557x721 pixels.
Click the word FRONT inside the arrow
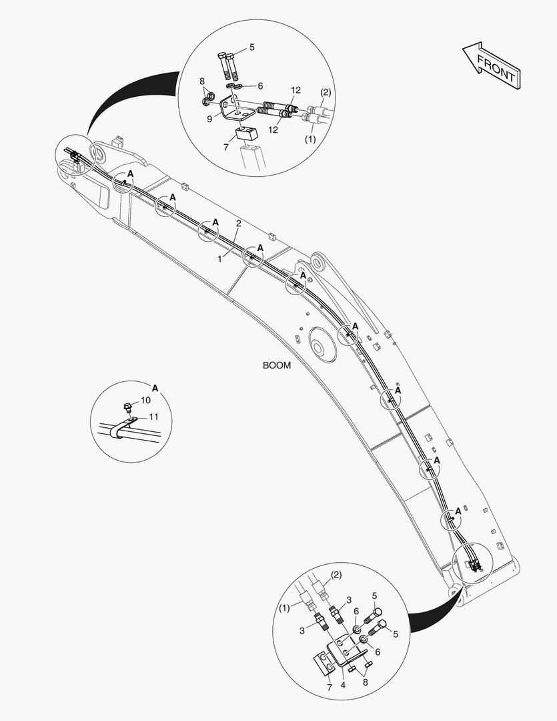pos(496,69)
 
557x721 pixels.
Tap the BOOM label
pos(277,365)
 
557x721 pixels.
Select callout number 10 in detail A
pos(145,400)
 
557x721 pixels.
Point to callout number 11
pos(153,417)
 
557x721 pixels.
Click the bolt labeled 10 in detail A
pos(128,408)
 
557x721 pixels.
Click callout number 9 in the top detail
pos(209,119)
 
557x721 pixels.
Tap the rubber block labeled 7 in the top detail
pos(247,134)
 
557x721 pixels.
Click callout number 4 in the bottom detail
pos(343,685)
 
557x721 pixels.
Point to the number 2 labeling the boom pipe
pos(239,224)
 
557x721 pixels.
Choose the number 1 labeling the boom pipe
pos(219,259)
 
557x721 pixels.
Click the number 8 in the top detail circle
pos(201,81)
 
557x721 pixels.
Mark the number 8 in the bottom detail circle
pos(366,682)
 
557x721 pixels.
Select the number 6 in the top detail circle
pos(261,86)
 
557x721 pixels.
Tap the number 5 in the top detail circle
pos(252,47)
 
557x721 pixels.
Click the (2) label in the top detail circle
pos(325,92)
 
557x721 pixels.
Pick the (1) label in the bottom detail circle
pos(284,608)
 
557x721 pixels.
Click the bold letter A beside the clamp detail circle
pos(155,389)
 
